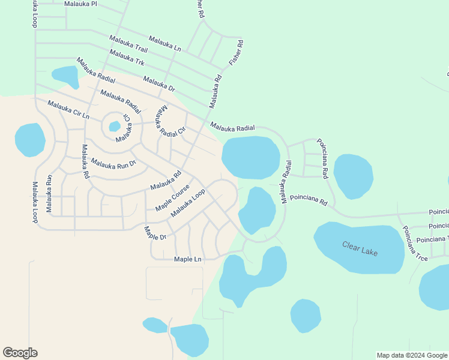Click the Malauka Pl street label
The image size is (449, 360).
coord(80,4)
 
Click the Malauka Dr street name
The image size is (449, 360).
coord(159,84)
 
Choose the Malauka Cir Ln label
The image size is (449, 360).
coord(68,110)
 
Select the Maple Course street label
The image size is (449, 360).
coord(172,197)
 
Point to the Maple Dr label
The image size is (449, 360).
coord(154,233)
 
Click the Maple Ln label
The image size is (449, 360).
coord(187,259)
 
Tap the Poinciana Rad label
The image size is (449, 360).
coord(322,158)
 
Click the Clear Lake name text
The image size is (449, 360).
coord(360,248)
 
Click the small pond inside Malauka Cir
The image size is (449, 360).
coord(114,127)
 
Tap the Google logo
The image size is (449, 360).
coord(20,353)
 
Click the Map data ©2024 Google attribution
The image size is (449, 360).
coord(411,355)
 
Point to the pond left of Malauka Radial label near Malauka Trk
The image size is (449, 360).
coord(65,76)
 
